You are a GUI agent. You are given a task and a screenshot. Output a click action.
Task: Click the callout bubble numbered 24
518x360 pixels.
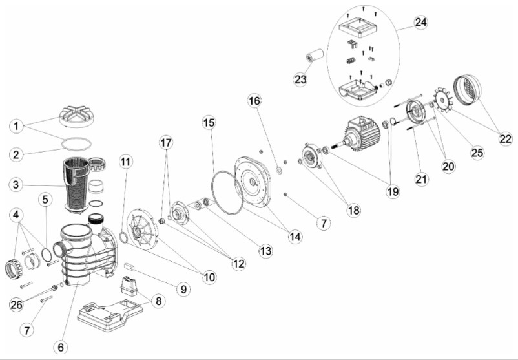point(421,22)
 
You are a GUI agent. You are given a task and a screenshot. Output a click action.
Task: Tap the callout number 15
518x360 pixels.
point(207,122)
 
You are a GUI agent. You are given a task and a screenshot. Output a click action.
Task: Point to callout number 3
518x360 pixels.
point(18,184)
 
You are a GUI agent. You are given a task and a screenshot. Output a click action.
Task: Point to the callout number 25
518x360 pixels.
point(477,153)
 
